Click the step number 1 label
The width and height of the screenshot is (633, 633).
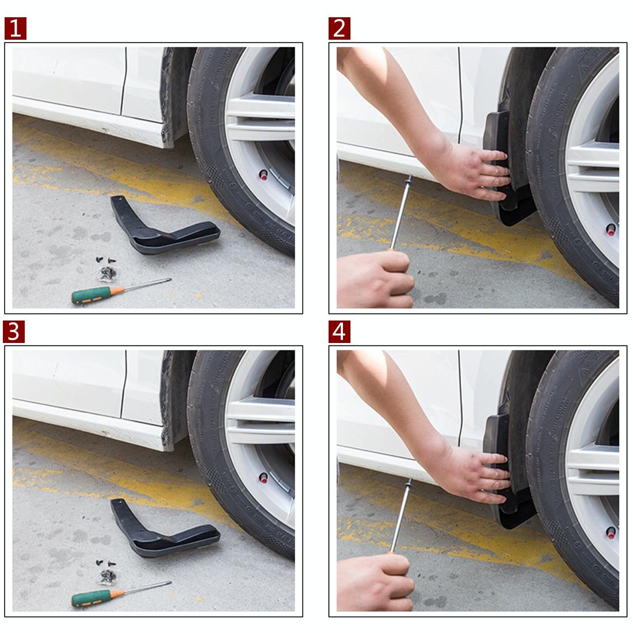click(15, 28)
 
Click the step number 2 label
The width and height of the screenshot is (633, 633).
click(340, 28)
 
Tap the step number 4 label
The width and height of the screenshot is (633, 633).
click(340, 332)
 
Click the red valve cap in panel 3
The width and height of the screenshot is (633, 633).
click(264, 478)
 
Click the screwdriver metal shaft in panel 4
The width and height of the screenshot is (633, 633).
click(402, 515)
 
